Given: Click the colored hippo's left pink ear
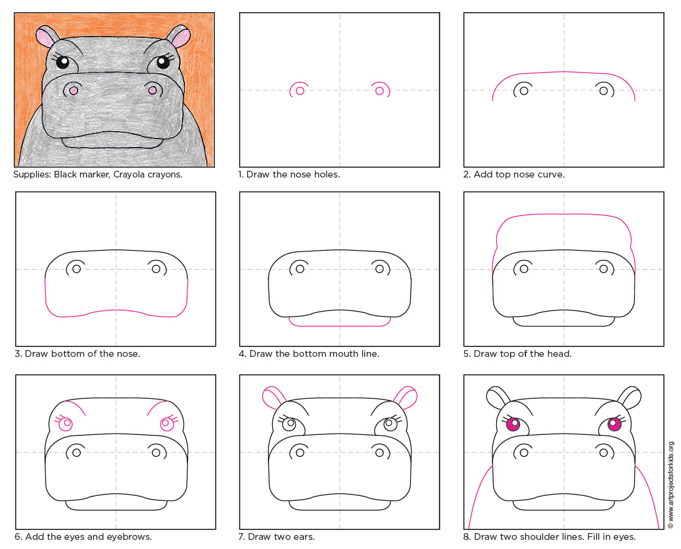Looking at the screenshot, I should tap(45, 38).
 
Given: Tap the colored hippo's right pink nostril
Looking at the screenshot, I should tap(152, 91).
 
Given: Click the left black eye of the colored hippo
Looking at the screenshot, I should tap(64, 61).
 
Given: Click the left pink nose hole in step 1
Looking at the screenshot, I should tap(299, 91).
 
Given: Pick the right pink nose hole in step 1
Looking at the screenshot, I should tap(380, 91).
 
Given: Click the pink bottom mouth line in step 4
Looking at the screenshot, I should tap(339, 326).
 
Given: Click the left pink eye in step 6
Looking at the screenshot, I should tap(65, 423).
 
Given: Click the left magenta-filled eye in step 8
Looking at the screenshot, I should tap(514, 425).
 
